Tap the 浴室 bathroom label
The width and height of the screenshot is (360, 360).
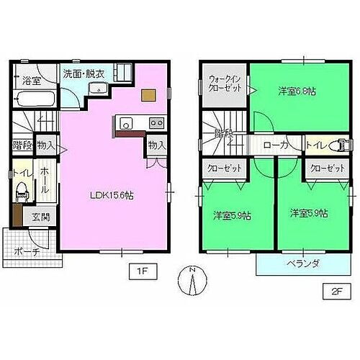click(x=30, y=81)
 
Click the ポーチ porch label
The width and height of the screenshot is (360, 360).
click(x=28, y=251)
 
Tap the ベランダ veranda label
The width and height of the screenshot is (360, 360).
click(x=299, y=264)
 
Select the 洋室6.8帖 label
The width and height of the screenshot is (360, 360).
click(x=298, y=91)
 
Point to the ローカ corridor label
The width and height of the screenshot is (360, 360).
click(x=277, y=145)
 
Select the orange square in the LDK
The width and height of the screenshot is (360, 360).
click(x=148, y=94)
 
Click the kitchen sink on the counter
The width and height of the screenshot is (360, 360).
click(x=123, y=122)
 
